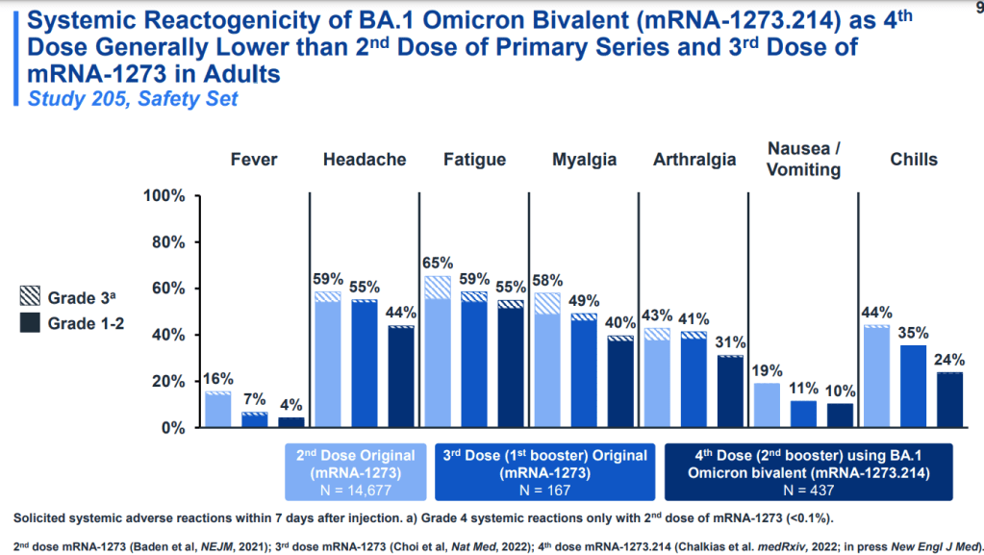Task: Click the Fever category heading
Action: coord(254,160)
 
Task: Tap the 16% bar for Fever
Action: coord(218,409)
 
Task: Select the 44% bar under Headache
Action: coord(400,376)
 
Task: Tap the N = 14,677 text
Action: coord(355,489)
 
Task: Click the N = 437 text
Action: coord(808,489)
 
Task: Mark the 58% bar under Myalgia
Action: coord(546,360)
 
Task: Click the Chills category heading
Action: coord(913,160)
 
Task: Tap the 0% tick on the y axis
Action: coord(170,427)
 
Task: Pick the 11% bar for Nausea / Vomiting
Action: coord(804,414)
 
